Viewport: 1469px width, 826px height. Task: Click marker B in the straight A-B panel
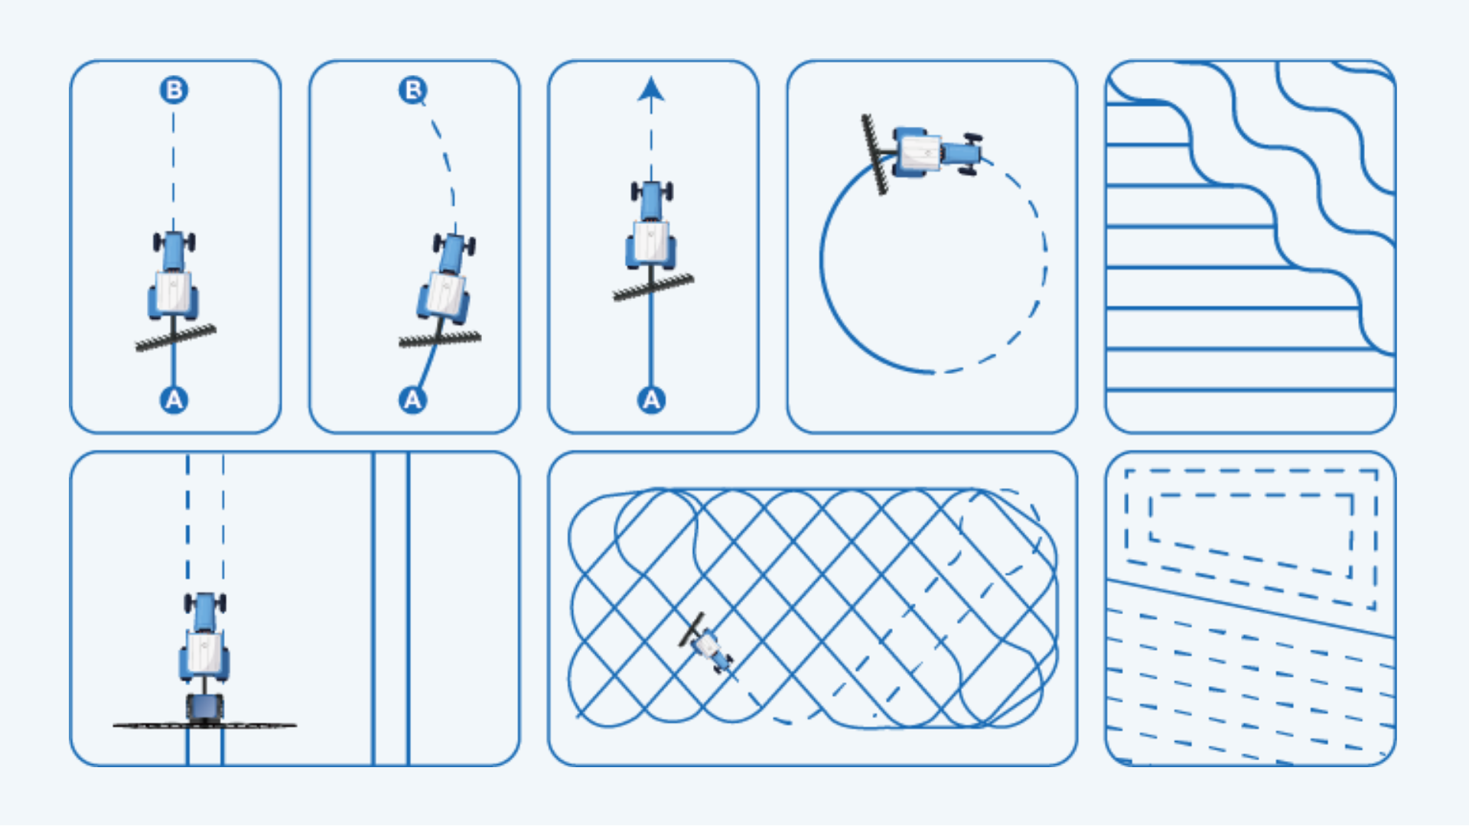click(x=174, y=90)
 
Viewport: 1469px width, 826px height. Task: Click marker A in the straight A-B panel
click(x=174, y=400)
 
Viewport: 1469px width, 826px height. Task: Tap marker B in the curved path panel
click(x=412, y=90)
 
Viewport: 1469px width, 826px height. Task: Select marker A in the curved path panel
click(x=412, y=400)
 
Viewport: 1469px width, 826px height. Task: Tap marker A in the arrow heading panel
click(x=651, y=400)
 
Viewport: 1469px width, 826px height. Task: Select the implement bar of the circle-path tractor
click(x=875, y=155)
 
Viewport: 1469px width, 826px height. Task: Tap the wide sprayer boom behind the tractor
click(x=204, y=724)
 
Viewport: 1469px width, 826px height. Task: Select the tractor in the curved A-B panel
click(x=445, y=277)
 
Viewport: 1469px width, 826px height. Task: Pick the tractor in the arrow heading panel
click(x=651, y=225)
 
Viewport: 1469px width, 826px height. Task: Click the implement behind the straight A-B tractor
click(x=176, y=337)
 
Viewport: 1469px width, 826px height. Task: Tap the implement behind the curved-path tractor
click(x=440, y=339)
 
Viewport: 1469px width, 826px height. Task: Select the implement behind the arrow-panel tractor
click(x=653, y=288)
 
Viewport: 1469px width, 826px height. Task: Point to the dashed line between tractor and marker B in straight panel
click(x=174, y=168)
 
